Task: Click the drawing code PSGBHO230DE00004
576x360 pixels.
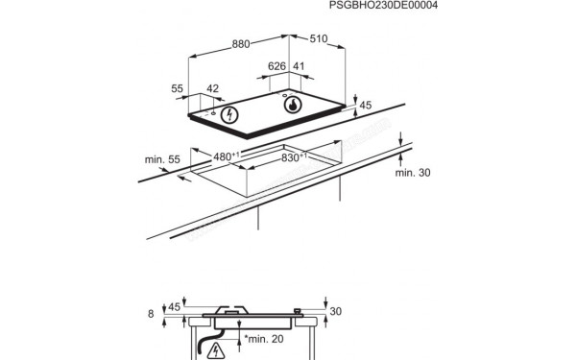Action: click(383, 5)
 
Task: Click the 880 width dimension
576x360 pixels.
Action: click(241, 44)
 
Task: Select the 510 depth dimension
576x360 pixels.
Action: click(318, 38)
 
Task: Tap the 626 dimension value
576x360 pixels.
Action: click(276, 66)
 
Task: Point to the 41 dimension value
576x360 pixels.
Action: click(299, 66)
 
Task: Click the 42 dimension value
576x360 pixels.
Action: click(213, 88)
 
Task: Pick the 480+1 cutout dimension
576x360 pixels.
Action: click(227, 156)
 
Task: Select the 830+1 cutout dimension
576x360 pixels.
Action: click(294, 157)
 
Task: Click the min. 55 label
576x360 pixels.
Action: click(162, 159)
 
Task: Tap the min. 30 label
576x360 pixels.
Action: click(413, 172)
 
